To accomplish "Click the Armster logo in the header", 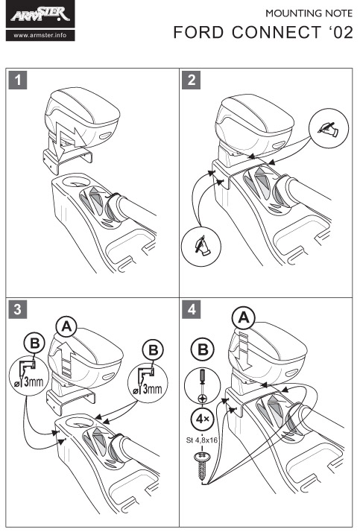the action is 40,15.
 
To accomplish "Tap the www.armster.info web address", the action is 40,35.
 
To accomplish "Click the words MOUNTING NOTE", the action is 309,13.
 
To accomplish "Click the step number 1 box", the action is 18,80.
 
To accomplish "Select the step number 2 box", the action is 191,80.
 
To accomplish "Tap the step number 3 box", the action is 18,309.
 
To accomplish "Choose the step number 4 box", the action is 191,309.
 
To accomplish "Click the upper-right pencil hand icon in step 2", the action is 329,129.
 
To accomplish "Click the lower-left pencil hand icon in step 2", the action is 201,245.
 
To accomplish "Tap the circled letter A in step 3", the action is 67,326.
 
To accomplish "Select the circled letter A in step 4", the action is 243,318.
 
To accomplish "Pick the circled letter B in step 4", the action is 203,349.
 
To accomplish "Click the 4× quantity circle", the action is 203,419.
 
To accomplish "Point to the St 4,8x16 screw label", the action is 202,440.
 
